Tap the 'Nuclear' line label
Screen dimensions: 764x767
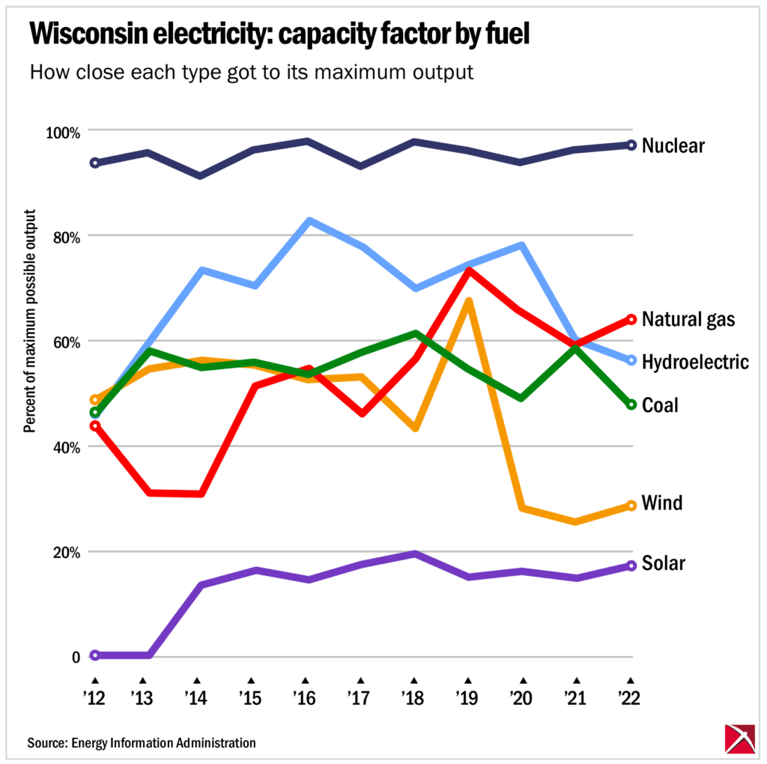(673, 145)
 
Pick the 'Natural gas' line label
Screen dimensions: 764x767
(688, 320)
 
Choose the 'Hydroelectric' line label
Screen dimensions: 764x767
(695, 363)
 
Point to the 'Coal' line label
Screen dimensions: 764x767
(660, 405)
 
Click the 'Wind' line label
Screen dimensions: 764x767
(662, 503)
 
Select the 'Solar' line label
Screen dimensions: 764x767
(663, 563)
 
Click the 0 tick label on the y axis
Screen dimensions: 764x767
(75, 658)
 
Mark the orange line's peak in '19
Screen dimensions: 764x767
(468, 302)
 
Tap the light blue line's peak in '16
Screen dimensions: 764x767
(308, 221)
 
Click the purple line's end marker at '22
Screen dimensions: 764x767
(631, 566)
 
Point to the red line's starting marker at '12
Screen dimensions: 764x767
(94, 426)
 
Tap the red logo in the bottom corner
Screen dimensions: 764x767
(739, 739)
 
